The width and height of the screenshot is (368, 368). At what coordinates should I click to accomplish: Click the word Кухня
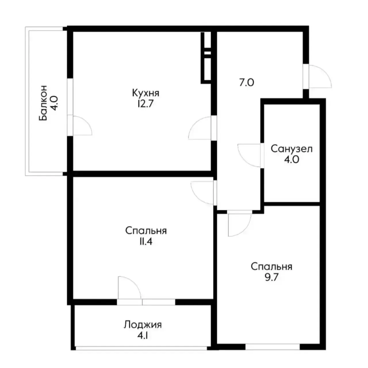pos(145,93)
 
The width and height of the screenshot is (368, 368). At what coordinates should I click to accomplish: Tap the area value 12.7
pos(146,104)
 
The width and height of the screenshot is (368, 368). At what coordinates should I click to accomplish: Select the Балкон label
pos(43,103)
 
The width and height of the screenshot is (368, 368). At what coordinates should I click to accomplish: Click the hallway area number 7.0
pos(247,83)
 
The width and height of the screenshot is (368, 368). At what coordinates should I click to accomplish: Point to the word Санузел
pos(292,149)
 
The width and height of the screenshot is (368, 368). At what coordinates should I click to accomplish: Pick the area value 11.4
pos(146,242)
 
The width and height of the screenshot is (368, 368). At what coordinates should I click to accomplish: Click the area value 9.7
pos(271,277)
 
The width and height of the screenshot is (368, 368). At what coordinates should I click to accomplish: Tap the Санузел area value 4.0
pos(292,160)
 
